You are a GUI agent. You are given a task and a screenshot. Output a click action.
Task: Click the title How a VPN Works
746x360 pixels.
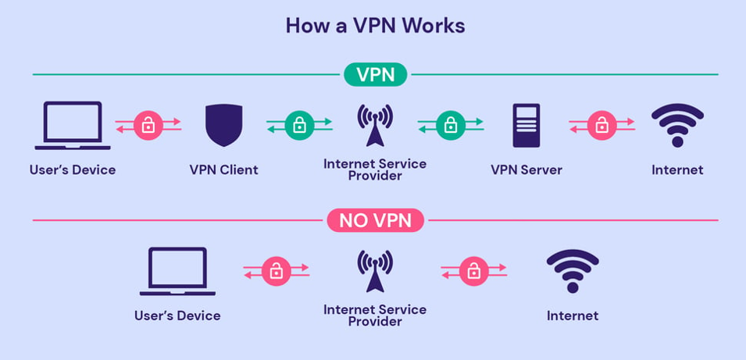click(375, 25)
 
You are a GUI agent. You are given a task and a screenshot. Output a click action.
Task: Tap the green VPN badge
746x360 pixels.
click(375, 75)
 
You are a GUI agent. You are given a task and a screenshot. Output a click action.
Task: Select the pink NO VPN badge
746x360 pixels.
click(375, 220)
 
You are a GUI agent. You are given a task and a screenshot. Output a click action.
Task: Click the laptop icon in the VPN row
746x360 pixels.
click(73, 125)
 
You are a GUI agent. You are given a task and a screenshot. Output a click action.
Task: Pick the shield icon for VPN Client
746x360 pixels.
click(223, 125)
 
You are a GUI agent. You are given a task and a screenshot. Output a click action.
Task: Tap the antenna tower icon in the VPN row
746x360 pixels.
click(375, 125)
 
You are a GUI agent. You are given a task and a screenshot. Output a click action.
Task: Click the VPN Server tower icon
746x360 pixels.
click(526, 125)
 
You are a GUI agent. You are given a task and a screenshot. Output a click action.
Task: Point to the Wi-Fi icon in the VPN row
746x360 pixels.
click(677, 123)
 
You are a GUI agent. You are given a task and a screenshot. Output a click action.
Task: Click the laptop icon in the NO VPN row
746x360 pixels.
click(177, 271)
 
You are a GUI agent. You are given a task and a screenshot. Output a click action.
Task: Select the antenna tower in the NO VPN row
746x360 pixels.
click(375, 271)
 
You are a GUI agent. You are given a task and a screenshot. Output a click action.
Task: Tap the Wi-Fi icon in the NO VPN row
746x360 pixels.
click(573, 270)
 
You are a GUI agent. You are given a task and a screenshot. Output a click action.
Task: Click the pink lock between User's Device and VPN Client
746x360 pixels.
click(148, 124)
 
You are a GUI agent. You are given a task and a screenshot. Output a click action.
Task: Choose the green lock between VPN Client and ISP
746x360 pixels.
click(299, 124)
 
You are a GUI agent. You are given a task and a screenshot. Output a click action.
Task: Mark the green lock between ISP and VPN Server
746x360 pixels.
click(450, 124)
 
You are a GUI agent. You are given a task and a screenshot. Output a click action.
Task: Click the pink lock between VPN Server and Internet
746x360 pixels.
click(601, 124)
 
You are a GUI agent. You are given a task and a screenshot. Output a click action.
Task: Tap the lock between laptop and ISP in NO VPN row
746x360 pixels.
click(276, 271)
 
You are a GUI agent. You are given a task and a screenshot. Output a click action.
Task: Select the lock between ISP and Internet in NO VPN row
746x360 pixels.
click(473, 271)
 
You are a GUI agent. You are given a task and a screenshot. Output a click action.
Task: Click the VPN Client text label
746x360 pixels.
click(223, 169)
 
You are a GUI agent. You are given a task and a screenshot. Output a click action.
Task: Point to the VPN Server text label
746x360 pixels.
click(526, 169)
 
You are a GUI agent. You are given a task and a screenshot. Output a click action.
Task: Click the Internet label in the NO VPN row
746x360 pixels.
click(573, 315)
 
